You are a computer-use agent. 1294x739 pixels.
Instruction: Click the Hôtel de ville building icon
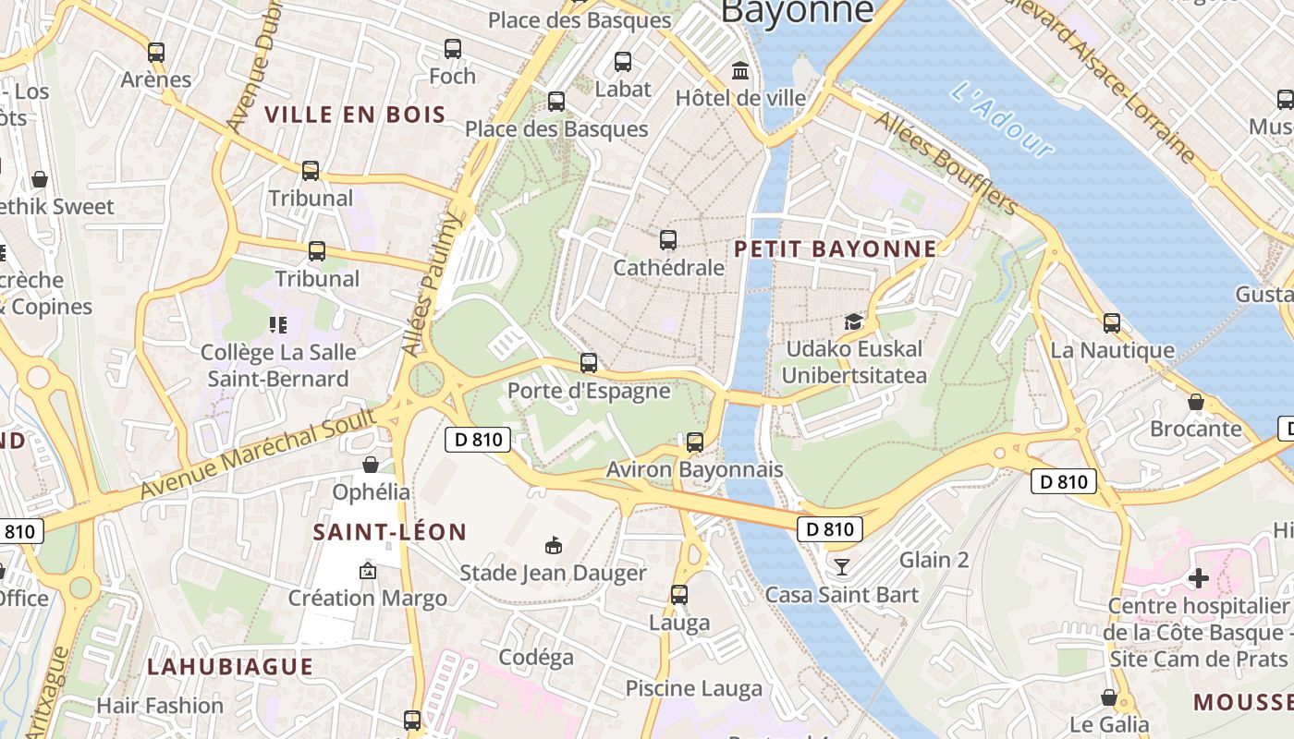click(x=740, y=71)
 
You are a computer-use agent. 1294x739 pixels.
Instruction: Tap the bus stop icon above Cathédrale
click(x=668, y=240)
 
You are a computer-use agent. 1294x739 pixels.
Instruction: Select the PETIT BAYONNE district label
click(x=836, y=249)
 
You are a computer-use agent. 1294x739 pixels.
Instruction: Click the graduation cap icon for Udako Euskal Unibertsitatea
click(x=853, y=321)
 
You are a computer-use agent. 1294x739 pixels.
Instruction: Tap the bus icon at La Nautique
click(x=1112, y=323)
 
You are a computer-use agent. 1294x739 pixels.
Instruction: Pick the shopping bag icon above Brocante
click(x=1196, y=402)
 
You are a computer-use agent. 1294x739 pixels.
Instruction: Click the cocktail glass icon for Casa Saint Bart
click(x=841, y=566)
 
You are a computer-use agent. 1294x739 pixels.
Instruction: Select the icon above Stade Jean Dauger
click(x=554, y=546)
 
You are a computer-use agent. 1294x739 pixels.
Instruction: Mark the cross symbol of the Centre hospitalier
click(x=1198, y=578)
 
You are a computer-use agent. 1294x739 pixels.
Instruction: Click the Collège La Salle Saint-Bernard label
click(x=278, y=366)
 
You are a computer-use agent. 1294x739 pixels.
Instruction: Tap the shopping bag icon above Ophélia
click(x=371, y=464)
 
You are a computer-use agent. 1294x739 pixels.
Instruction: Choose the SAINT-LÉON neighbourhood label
click(x=390, y=532)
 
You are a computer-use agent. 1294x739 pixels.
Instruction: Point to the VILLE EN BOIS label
click(x=356, y=115)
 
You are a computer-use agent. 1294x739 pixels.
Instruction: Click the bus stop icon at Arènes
click(x=156, y=53)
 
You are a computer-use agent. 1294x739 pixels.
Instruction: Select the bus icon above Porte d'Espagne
click(x=589, y=363)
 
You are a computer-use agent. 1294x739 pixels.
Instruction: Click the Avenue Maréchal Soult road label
click(x=259, y=454)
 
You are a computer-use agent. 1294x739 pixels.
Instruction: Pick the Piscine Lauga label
click(x=694, y=688)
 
